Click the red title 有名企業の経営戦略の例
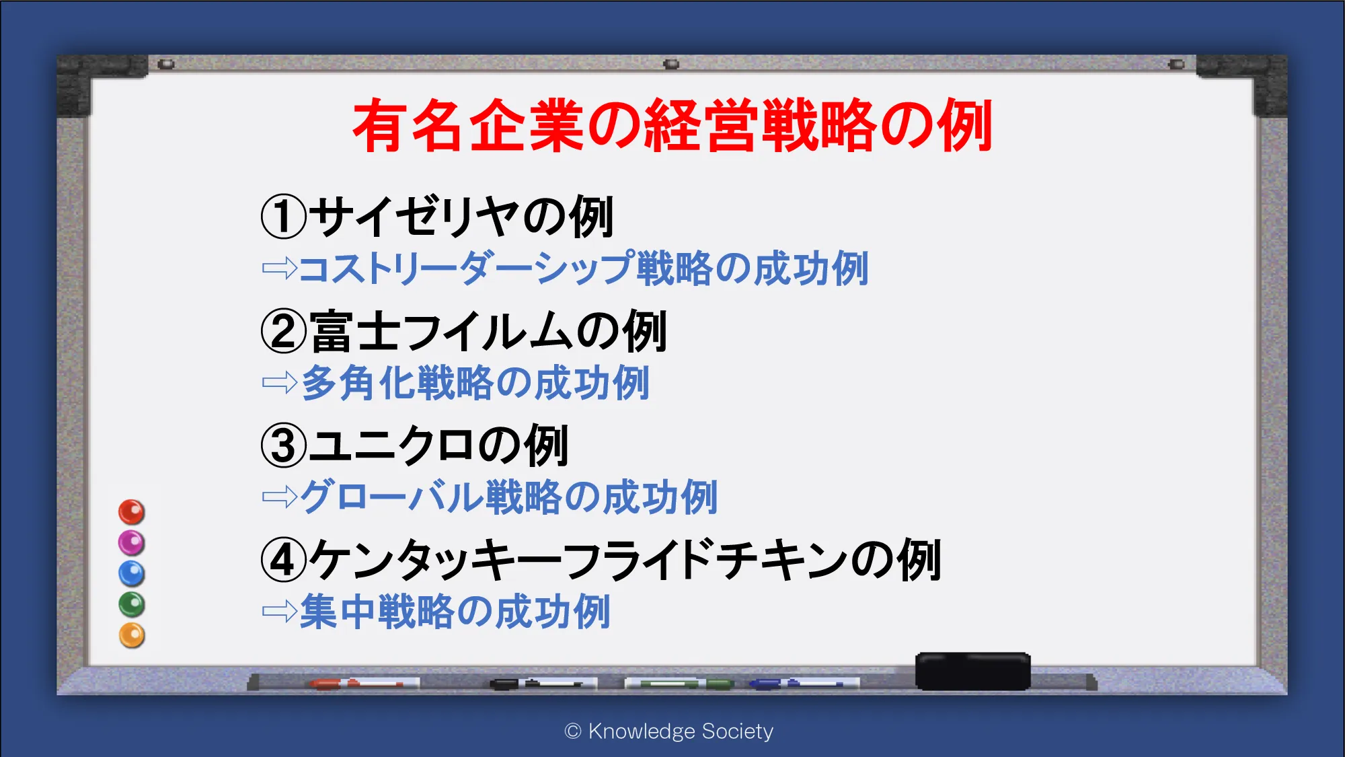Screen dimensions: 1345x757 click(672, 125)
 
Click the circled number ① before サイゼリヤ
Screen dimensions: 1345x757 click(284, 217)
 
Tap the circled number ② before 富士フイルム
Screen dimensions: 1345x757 click(284, 331)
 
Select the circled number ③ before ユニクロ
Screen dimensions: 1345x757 click(284, 445)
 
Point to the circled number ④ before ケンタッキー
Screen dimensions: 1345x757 click(284, 560)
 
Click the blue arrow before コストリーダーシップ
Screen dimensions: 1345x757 click(280, 268)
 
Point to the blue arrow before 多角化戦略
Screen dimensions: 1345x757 click(280, 382)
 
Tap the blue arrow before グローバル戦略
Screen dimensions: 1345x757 click(280, 497)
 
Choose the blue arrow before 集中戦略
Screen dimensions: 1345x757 click(280, 611)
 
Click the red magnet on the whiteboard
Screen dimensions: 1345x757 click(132, 512)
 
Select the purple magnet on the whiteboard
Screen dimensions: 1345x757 click(132, 542)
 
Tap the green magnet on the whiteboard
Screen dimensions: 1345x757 click(132, 604)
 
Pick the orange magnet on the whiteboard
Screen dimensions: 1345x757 click(132, 635)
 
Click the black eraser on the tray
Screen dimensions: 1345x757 click(972, 671)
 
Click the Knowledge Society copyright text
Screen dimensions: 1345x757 click(669, 731)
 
